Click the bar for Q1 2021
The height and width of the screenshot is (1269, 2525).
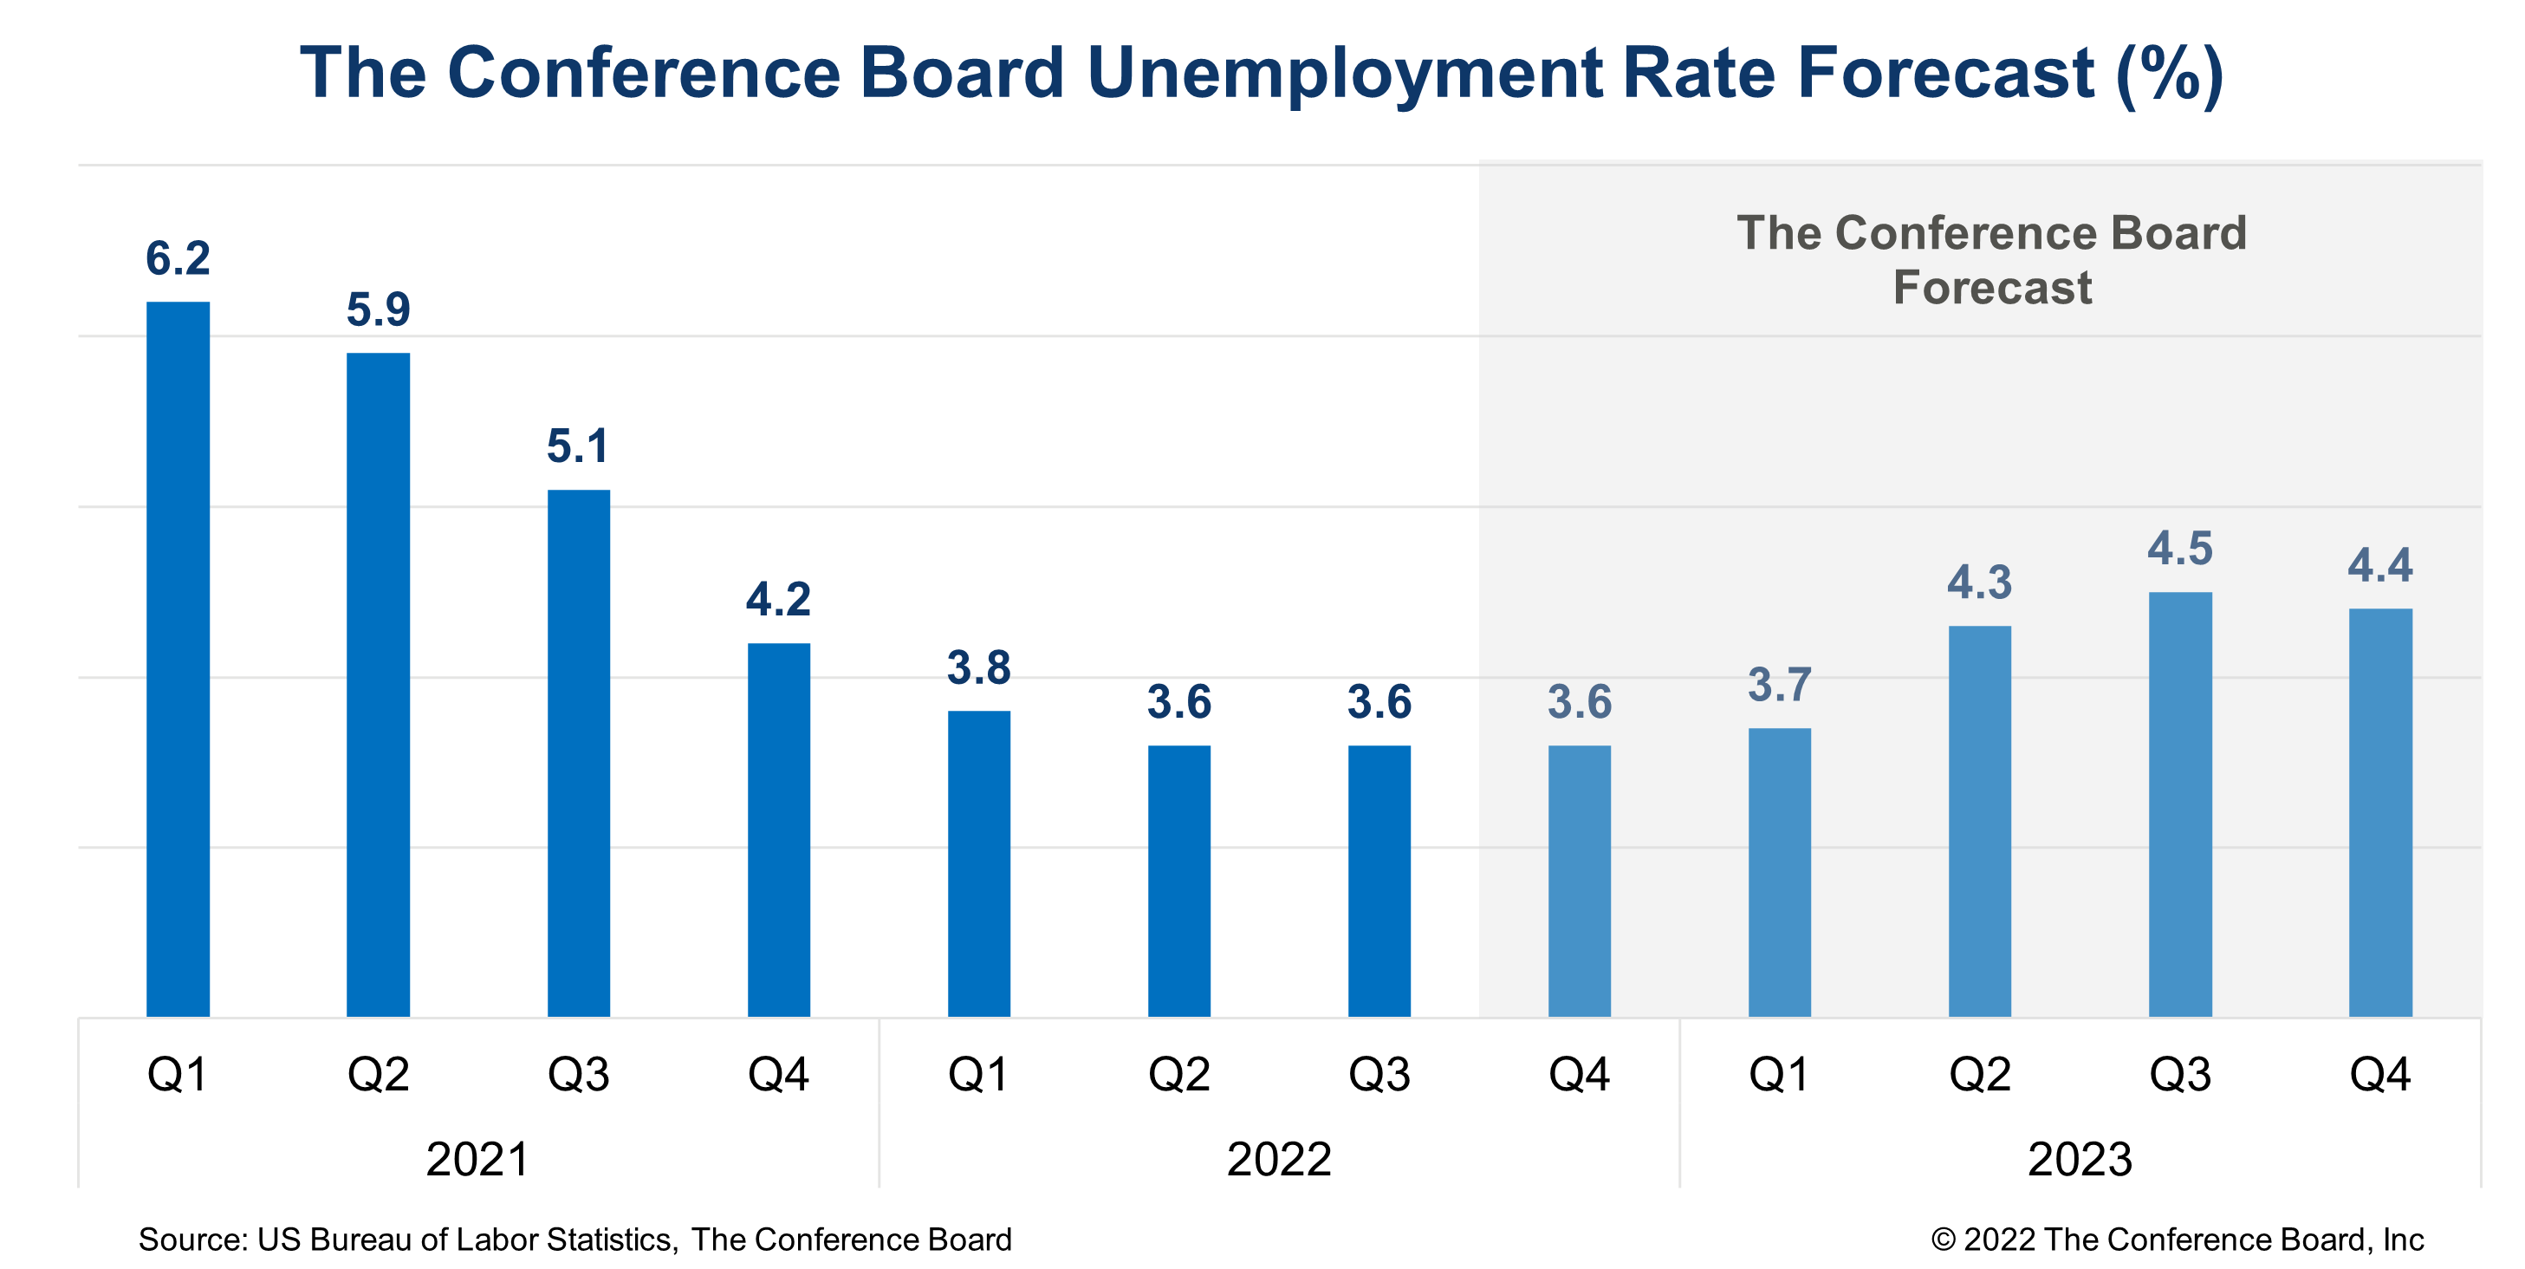178,659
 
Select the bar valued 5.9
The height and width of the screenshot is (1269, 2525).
378,685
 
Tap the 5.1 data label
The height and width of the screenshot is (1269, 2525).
577,446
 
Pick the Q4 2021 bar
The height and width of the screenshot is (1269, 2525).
778,830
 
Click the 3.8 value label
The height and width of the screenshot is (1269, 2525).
978,667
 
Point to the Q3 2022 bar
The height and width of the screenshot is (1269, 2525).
1379,881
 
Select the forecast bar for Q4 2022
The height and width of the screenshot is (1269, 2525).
1579,881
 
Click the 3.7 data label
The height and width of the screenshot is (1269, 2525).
1779,685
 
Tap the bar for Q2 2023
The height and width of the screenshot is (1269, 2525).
1979,821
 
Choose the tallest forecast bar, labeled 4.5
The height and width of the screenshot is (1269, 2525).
2180,804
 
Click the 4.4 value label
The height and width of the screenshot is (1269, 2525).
2380,566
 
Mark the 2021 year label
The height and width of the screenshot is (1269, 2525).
477,1159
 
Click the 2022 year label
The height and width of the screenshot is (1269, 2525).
1278,1159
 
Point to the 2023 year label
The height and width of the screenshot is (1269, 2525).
2079,1159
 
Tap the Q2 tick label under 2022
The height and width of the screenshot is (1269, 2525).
1178,1075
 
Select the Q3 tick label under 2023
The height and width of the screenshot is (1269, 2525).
2180,1075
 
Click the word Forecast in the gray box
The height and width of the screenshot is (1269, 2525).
1992,287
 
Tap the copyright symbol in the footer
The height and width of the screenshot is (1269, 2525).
1943,1240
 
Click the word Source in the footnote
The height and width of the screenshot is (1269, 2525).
191,1240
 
